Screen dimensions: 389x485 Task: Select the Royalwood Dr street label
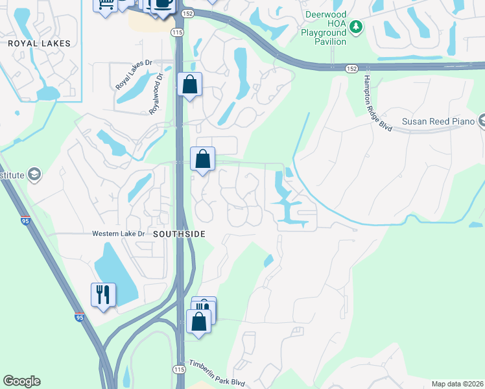point(156,97)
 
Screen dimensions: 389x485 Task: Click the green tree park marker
point(355,27)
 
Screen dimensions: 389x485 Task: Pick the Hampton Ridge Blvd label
point(377,105)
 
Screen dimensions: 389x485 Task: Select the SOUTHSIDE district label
point(179,233)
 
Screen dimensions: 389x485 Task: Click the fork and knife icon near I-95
point(103,295)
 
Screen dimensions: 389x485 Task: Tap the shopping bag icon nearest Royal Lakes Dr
point(189,84)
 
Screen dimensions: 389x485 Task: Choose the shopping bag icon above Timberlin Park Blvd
point(198,321)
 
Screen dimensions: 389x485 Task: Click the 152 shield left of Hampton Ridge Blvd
point(351,68)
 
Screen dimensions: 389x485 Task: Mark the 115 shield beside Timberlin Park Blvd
point(179,369)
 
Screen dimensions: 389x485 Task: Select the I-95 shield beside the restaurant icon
point(79,318)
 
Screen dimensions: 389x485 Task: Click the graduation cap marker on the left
point(34,174)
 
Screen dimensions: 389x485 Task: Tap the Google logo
point(21,381)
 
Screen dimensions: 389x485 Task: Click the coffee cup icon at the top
point(162,4)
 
